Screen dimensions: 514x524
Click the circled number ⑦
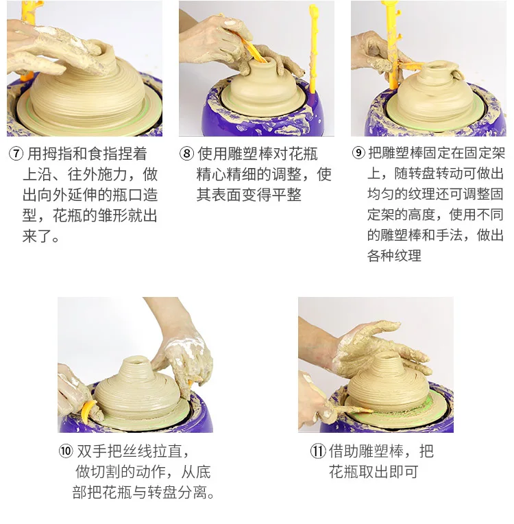pyautogui.click(x=16, y=154)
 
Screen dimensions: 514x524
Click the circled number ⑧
pyautogui.click(x=186, y=154)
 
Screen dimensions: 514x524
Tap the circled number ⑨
pyautogui.click(x=358, y=153)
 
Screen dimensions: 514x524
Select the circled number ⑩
pyautogui.click(x=66, y=451)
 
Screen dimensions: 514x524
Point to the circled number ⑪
pyautogui.click(x=318, y=451)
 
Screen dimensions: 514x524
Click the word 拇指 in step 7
pyautogui.click(x=57, y=154)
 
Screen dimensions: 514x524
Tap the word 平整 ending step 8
pyautogui.click(x=286, y=195)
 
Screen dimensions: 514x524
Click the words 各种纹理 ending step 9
pyautogui.click(x=395, y=256)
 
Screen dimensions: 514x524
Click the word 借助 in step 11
pyautogui.click(x=344, y=451)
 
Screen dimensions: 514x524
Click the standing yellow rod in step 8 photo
pyautogui.click(x=314, y=49)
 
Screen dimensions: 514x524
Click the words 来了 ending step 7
pyautogui.click(x=37, y=236)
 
